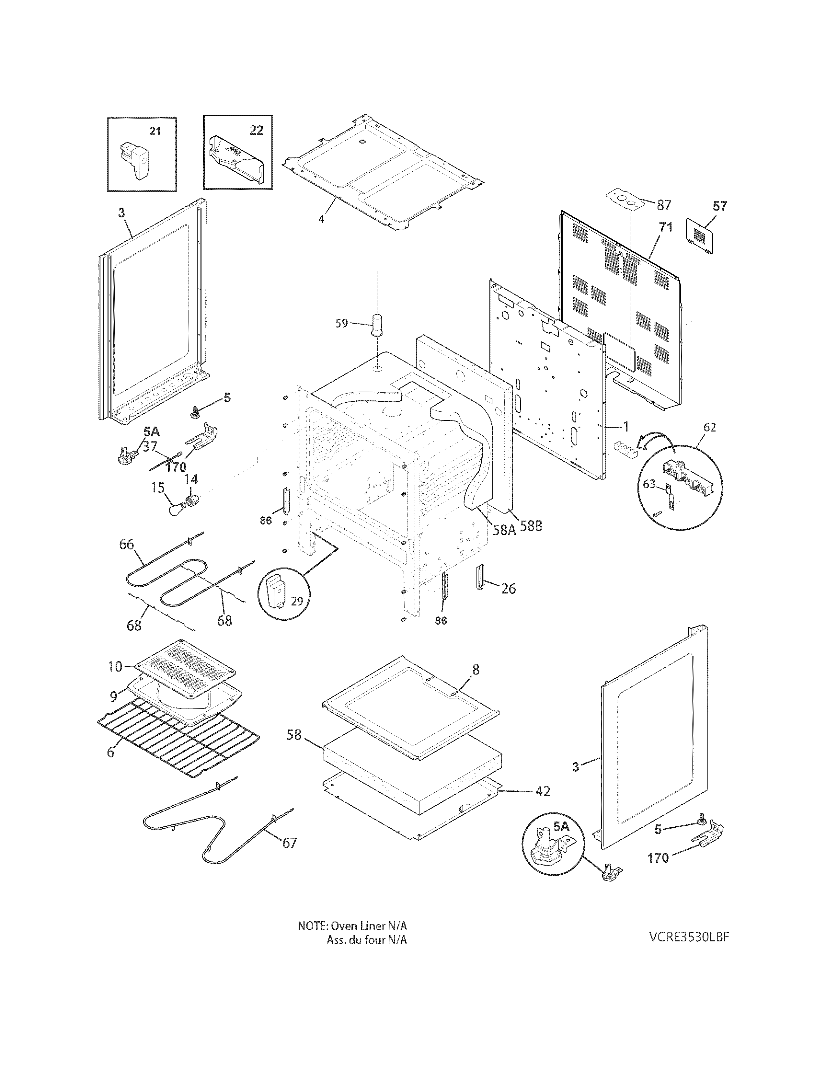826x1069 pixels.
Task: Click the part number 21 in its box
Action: coord(155,131)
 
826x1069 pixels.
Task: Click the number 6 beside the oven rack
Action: coord(110,752)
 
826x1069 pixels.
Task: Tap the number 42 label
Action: coord(543,791)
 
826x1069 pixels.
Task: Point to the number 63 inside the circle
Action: coord(649,484)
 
